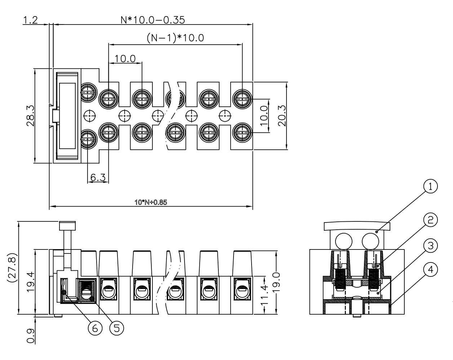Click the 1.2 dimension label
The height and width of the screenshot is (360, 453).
click(30, 20)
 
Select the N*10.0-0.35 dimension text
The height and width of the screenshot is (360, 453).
click(152, 20)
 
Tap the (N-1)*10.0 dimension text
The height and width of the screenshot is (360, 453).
click(175, 38)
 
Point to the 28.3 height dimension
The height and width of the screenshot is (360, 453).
click(30, 116)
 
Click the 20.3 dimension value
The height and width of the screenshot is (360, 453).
click(282, 116)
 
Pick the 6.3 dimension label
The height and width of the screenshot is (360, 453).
click(98, 177)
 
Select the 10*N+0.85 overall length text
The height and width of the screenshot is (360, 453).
click(151, 202)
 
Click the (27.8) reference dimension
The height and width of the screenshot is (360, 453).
click(12, 268)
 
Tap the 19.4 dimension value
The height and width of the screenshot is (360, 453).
click(30, 282)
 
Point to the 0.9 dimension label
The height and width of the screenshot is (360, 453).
click(31, 336)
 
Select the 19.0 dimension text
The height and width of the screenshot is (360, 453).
click(276, 282)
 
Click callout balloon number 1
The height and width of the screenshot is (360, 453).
click(430, 186)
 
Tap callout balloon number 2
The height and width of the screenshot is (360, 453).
click(430, 220)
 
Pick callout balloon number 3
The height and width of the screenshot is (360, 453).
click(430, 246)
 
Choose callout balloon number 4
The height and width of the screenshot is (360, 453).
click(430, 269)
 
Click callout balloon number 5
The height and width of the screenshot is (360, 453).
click(117, 328)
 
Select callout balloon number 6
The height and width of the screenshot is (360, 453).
click(95, 328)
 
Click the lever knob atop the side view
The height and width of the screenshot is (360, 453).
click(67, 226)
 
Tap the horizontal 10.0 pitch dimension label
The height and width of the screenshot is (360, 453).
click(125, 58)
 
